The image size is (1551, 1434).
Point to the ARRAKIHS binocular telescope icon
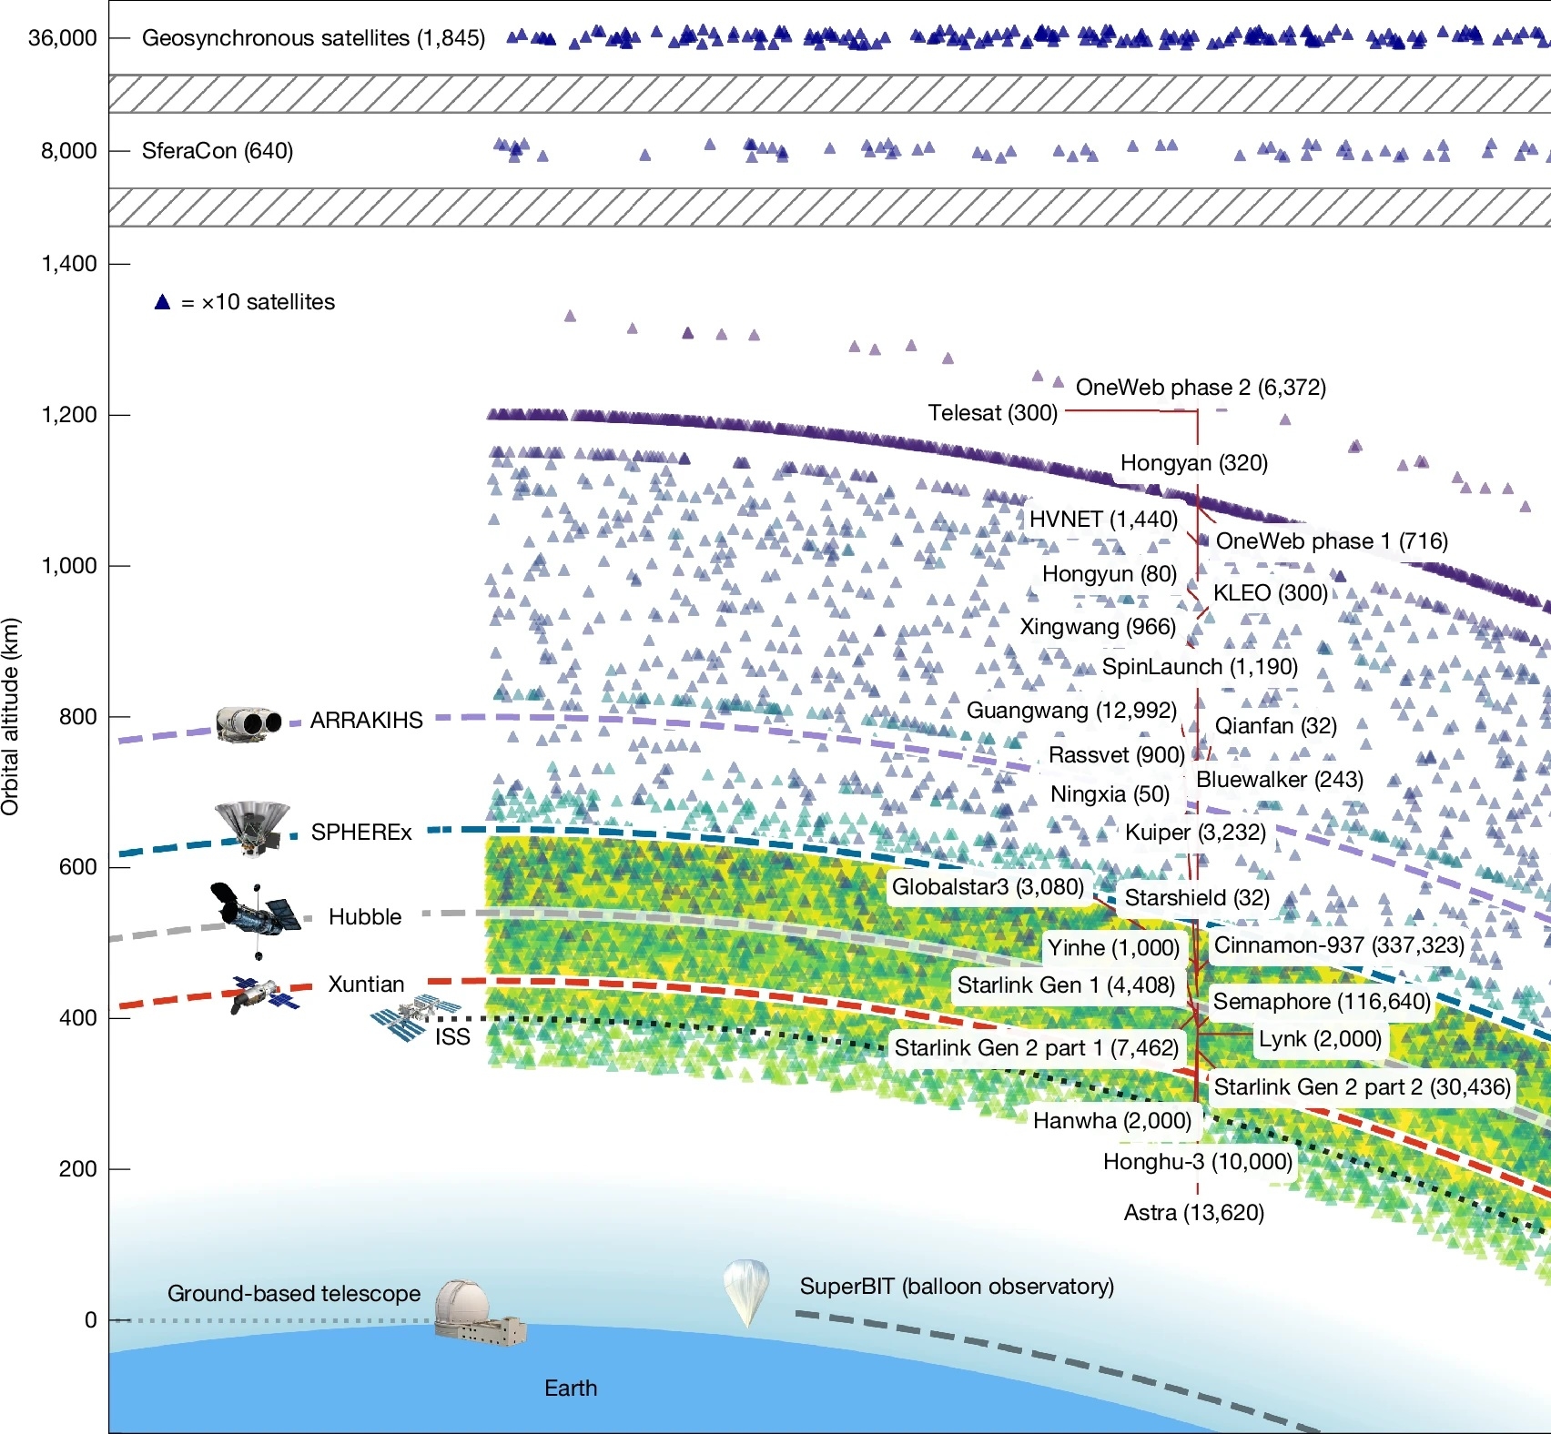click(248, 723)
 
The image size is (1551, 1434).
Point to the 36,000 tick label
click(62, 38)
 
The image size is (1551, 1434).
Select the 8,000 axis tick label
click(68, 151)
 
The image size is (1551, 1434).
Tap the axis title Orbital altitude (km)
click(11, 717)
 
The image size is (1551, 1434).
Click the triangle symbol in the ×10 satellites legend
click(162, 302)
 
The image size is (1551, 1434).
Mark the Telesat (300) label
click(992, 413)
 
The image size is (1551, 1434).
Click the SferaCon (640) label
click(218, 151)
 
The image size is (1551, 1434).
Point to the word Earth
click(571, 1388)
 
